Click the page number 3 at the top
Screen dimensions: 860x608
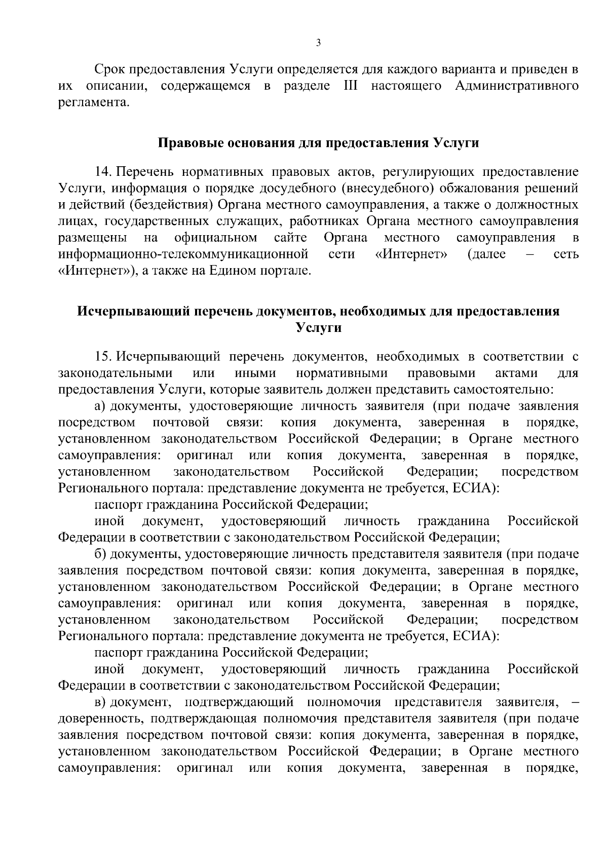click(318, 44)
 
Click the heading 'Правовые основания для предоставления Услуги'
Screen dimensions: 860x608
click(319, 143)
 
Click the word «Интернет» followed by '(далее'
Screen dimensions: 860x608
click(411, 254)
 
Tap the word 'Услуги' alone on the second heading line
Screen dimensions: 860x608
click(318, 327)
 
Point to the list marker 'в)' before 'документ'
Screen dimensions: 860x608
click(100, 702)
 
